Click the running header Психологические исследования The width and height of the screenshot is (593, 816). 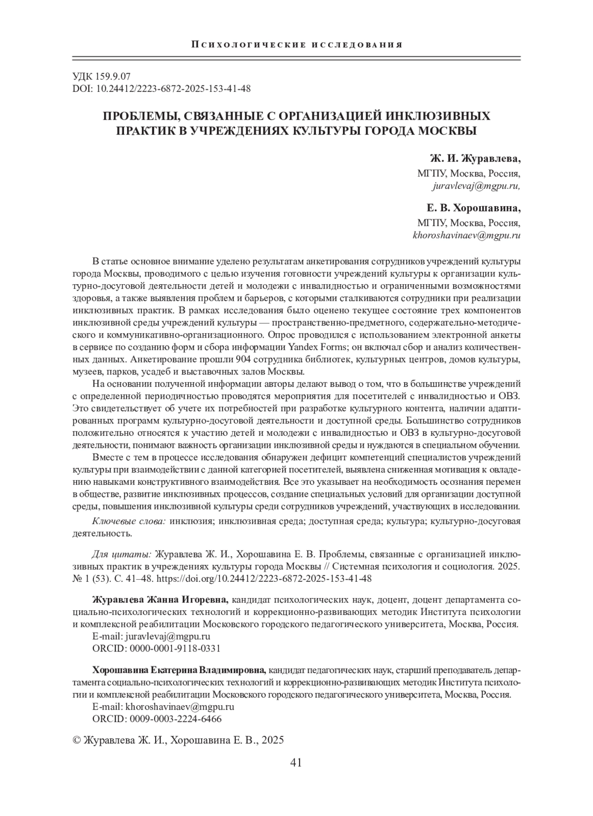296,45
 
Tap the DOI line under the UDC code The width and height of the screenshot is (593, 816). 162,89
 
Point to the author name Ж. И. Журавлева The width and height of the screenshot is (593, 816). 475,159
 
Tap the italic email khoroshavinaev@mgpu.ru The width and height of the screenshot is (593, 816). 466,235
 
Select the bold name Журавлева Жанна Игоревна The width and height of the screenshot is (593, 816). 160,600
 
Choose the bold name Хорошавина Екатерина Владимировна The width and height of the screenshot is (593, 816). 179,671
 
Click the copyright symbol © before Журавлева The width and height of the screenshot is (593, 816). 77,740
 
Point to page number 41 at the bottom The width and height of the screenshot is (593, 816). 296,762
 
